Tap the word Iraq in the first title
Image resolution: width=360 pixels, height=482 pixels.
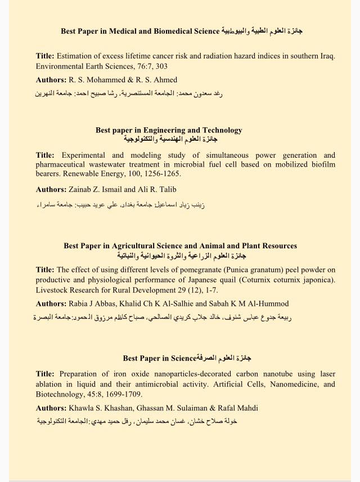[326, 56]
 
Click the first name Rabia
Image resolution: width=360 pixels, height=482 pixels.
[80, 304]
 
